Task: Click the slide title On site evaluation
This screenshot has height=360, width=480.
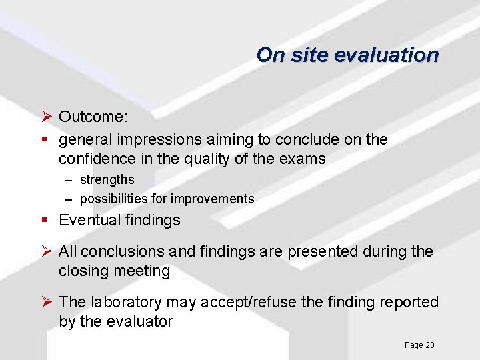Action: click(x=347, y=55)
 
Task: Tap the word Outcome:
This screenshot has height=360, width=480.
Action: click(x=93, y=117)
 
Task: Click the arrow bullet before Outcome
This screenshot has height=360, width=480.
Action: click(x=46, y=117)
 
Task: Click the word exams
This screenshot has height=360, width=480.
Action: click(x=305, y=159)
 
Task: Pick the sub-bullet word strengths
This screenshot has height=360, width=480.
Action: click(x=107, y=179)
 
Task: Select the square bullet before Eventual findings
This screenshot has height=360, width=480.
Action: click(x=45, y=220)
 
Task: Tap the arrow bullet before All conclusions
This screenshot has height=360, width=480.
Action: click(x=46, y=251)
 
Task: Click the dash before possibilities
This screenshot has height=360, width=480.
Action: click(x=69, y=199)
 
